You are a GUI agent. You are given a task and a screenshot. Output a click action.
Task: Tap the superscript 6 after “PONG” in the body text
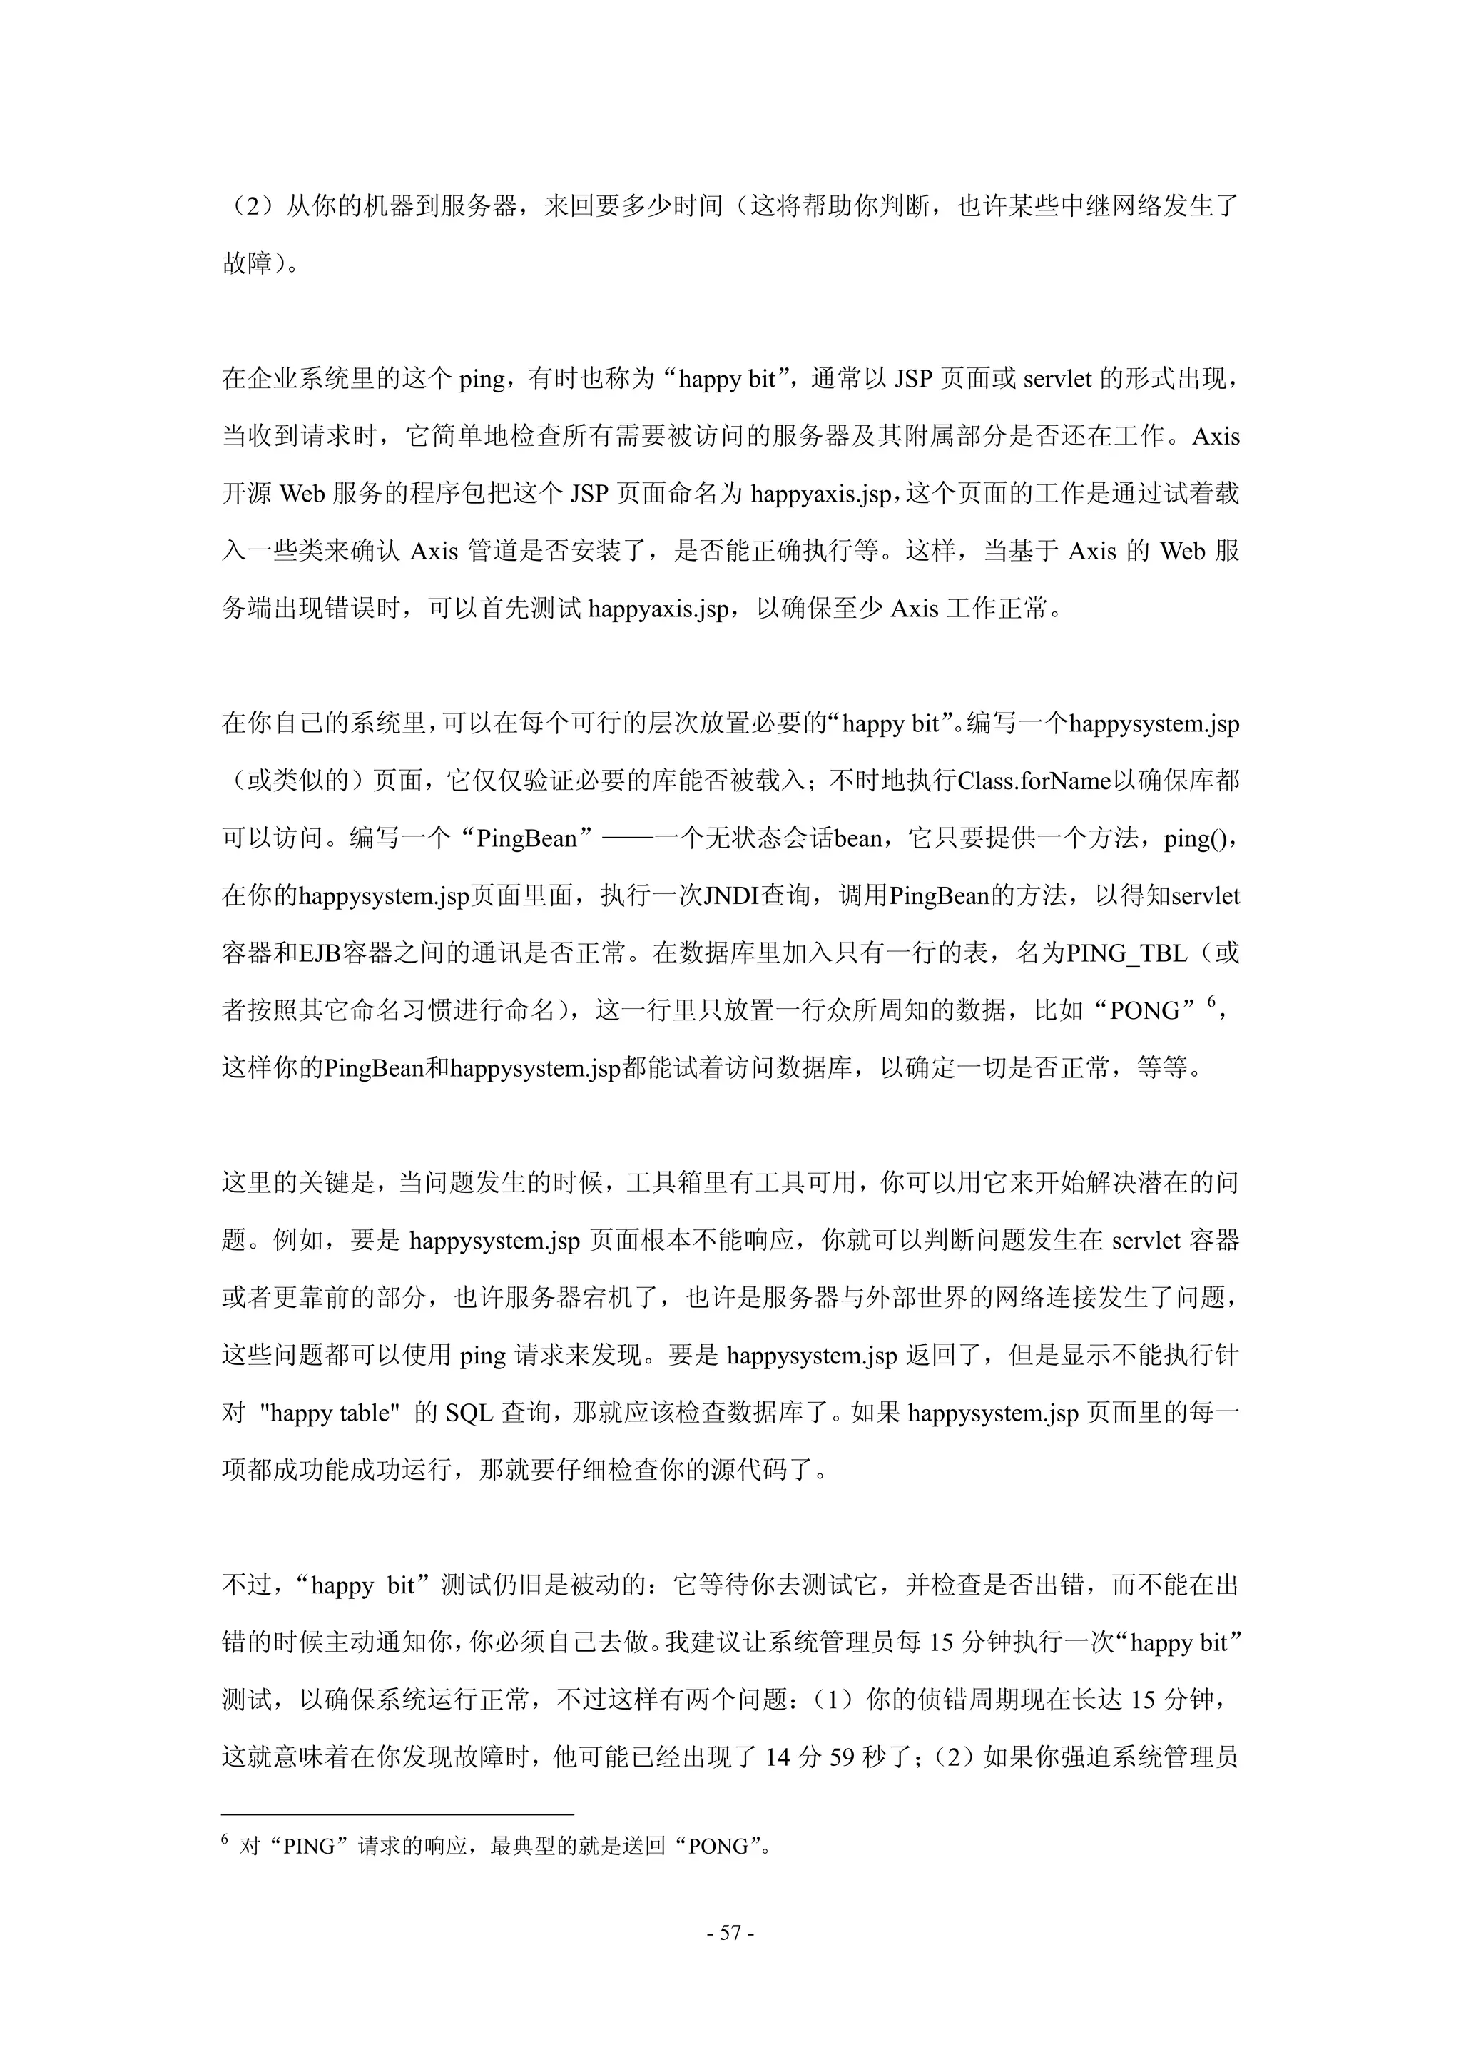(1211, 1000)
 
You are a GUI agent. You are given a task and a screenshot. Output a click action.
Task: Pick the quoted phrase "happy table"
(329, 1413)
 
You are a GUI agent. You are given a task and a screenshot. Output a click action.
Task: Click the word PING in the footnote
(310, 1847)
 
